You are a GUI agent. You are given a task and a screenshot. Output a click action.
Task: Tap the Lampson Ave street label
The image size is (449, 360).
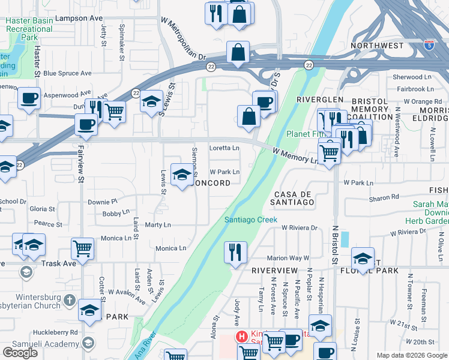click(x=79, y=19)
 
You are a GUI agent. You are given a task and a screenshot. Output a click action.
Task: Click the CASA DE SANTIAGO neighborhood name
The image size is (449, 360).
click(x=294, y=199)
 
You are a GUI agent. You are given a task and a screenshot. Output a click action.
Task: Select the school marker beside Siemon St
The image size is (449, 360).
click(x=182, y=175)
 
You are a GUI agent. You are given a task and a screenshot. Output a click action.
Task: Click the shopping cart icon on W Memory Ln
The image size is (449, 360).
click(x=329, y=152)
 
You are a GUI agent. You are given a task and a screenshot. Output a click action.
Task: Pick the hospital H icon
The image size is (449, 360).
click(x=242, y=337)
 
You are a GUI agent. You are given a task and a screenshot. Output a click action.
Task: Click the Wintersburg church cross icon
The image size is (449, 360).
click(x=70, y=299)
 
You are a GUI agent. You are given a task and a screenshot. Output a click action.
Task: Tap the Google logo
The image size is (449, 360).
click(x=20, y=353)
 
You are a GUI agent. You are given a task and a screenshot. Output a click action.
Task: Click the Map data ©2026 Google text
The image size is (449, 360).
click(x=412, y=355)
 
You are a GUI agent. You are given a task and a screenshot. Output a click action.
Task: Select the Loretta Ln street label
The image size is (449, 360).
click(x=224, y=148)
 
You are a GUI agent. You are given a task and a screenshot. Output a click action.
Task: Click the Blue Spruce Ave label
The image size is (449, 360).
click(x=67, y=74)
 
